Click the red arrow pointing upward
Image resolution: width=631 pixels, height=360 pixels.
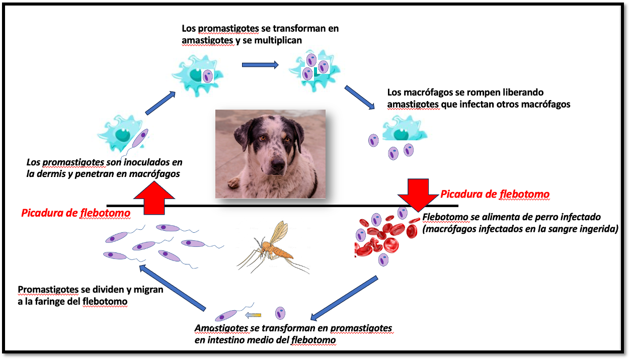154,198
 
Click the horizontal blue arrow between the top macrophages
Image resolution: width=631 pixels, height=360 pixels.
260,65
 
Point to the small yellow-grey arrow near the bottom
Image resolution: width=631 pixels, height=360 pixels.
253,315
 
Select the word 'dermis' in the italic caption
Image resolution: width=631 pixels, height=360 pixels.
51,174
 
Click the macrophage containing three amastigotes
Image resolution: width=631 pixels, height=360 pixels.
314,70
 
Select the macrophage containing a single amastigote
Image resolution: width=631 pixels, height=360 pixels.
198,76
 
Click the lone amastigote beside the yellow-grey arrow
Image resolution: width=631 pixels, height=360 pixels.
280,313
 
